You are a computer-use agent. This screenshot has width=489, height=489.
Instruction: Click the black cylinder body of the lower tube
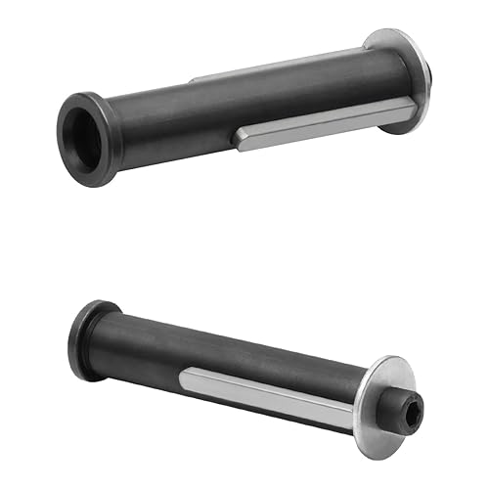pyautogui.click(x=225, y=352)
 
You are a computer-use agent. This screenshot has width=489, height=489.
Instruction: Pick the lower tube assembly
pyautogui.click(x=244, y=367)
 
